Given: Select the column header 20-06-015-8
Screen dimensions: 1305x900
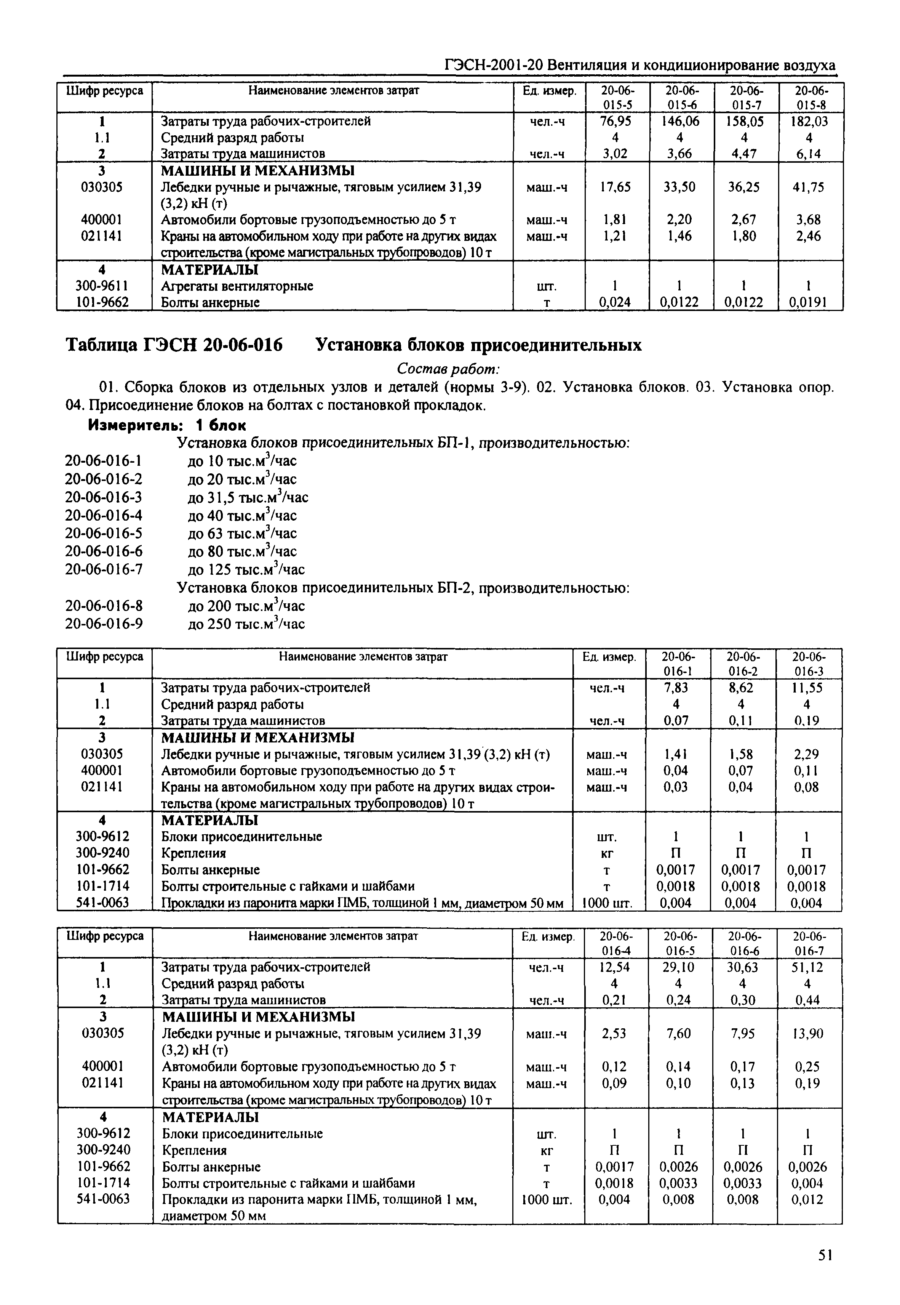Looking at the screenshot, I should click(x=811, y=98).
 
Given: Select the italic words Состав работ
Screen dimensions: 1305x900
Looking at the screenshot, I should click(x=448, y=369).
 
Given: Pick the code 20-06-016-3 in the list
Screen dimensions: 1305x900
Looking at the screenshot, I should click(x=104, y=497).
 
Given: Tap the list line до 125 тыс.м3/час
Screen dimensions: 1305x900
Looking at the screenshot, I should click(x=246, y=569).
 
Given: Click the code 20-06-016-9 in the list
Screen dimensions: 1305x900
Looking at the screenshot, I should click(x=104, y=624).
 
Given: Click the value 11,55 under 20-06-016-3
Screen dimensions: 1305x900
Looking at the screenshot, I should click(x=807, y=688).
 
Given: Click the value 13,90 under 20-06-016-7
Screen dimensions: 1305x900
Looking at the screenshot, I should click(x=807, y=1034).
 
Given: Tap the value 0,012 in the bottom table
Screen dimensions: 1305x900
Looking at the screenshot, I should click(x=807, y=1199).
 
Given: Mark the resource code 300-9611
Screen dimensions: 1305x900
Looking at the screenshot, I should click(x=102, y=286).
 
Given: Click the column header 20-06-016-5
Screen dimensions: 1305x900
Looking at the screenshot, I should click(x=679, y=943).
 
